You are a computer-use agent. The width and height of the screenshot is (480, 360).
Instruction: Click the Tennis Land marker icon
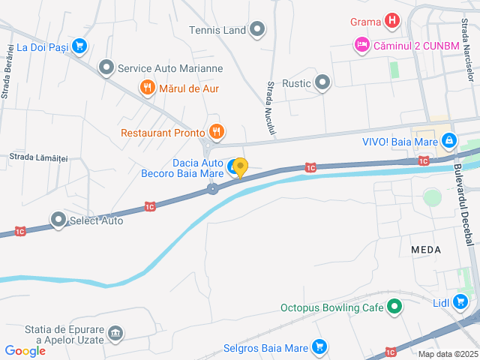click(257, 30)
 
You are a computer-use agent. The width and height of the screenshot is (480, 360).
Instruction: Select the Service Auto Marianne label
click(170, 68)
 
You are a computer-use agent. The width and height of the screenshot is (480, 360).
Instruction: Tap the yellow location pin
click(240, 167)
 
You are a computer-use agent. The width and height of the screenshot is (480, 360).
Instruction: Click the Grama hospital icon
click(391, 21)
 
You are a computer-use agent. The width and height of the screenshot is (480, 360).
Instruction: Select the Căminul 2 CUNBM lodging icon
click(361, 45)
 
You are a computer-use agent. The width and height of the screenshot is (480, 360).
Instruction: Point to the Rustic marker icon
click(322, 82)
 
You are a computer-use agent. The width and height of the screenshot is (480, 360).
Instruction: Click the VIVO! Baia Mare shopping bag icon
click(448, 139)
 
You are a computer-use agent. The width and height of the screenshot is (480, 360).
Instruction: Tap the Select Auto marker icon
click(58, 220)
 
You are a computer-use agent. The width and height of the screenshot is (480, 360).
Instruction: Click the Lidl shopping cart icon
click(460, 303)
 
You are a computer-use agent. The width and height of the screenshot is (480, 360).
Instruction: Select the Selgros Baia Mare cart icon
click(320, 347)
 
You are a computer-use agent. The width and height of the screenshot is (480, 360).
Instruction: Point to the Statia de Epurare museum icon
click(115, 332)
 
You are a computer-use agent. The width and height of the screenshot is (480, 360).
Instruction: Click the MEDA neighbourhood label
click(426, 248)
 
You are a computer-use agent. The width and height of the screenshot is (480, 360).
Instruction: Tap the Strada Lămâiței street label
click(38, 157)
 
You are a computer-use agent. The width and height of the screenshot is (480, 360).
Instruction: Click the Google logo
click(25, 350)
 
